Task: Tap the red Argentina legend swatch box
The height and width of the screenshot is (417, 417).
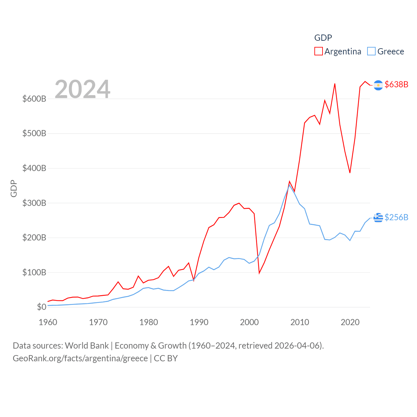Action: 318,51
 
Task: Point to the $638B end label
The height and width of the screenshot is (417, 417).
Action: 396,84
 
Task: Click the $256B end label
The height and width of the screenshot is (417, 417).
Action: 396,217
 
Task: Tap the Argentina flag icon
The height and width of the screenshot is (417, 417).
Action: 378,85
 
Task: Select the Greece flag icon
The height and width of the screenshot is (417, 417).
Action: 378,217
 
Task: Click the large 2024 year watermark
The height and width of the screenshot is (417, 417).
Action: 82,89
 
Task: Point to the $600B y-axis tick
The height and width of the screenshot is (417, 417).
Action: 34,99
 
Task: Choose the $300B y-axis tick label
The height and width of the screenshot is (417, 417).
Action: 34,203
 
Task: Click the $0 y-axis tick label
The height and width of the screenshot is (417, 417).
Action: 41,307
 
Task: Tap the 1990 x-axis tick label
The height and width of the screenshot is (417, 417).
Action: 199,322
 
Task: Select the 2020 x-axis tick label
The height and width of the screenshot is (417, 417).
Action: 350,322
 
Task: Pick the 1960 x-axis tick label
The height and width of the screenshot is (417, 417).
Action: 48,322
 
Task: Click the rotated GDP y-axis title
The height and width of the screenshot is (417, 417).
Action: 14,188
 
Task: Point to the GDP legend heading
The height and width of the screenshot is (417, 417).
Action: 323,38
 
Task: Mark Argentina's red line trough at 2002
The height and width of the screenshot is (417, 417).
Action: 259,273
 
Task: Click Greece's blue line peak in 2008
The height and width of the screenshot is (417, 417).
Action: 289,185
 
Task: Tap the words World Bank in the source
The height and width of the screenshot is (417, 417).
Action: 87,345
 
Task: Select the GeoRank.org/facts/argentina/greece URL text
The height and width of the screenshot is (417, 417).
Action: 80,358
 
